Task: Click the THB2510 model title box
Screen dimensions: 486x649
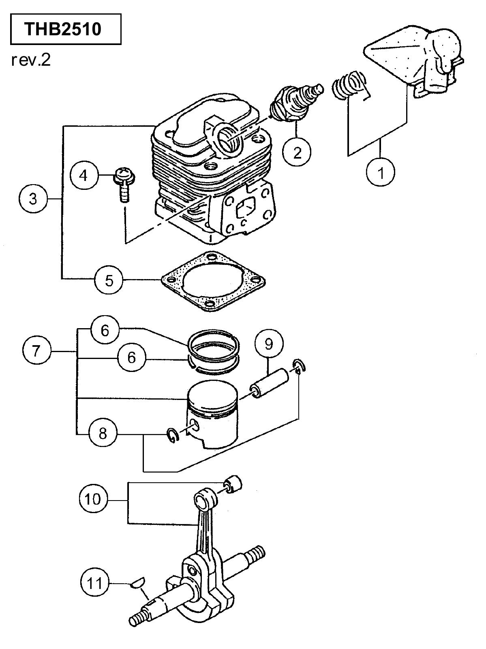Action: point(66,29)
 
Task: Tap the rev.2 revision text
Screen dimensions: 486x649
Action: point(31,60)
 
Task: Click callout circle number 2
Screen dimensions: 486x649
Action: point(297,151)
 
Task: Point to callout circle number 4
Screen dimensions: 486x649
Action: point(84,176)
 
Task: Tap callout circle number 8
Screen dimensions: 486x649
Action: point(103,434)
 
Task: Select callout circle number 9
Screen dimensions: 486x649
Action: point(269,344)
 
